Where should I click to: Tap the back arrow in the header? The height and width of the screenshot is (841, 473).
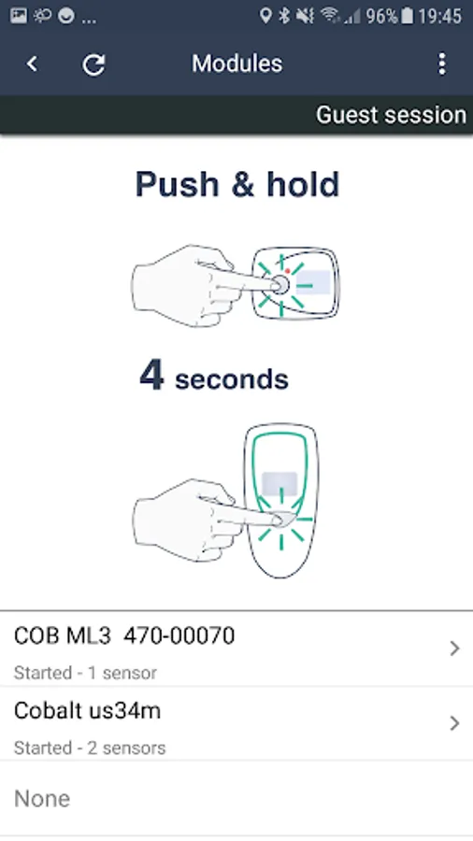tap(32, 64)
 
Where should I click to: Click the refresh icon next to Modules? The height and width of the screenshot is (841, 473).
tap(93, 64)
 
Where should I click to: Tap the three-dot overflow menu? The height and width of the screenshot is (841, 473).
tap(442, 64)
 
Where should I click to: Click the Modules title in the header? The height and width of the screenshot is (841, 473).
tap(237, 64)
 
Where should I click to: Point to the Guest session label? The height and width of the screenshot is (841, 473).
tap(391, 115)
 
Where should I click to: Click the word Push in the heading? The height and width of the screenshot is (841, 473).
tap(178, 184)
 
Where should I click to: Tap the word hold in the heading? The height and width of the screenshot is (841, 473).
tap(303, 184)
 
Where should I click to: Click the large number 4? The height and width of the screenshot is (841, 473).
tap(151, 375)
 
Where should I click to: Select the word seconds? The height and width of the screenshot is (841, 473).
tap(232, 379)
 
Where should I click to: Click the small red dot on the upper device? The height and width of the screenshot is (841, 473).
tap(288, 271)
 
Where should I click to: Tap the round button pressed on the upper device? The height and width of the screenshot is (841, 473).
tap(279, 285)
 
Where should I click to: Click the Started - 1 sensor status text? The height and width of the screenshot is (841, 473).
tap(85, 673)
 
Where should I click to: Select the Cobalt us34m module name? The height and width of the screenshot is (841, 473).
tap(88, 711)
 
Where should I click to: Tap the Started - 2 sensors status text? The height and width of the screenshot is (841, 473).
tap(90, 748)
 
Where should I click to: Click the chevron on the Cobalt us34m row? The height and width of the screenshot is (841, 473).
tap(454, 723)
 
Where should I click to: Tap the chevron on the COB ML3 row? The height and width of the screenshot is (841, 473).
tap(454, 649)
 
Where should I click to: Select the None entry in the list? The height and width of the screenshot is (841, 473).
tap(42, 799)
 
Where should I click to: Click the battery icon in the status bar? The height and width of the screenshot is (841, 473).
tap(408, 16)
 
